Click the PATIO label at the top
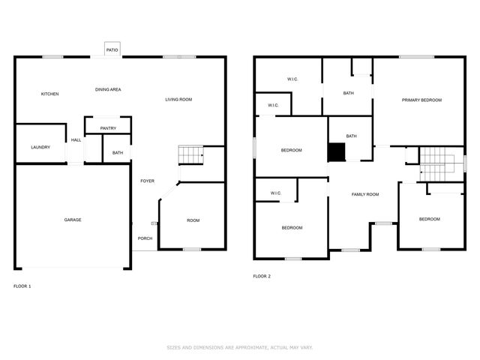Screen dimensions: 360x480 pos(112,50)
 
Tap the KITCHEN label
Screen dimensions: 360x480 pos(49,94)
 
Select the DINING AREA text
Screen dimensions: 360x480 pos(108,89)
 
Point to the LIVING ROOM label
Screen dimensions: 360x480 pos(178,100)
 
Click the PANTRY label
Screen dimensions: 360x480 pos(108,128)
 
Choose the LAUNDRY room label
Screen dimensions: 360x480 pos(40,147)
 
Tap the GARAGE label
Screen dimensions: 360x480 pos(73,220)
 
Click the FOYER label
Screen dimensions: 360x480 pos(147,181)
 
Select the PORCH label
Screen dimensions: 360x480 pos(145,238)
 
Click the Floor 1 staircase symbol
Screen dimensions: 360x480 pos(190,155)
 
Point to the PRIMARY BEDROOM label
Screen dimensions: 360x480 pos(421,100)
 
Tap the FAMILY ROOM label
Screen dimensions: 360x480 pos(365,194)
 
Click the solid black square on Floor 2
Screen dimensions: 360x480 pos(336,152)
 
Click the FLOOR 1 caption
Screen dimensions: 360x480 pos(22,286)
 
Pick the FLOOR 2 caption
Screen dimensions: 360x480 pos(262,277)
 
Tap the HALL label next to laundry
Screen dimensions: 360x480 pos(76,140)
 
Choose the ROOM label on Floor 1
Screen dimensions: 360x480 pos(193,220)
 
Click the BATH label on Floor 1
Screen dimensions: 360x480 pos(118,153)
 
